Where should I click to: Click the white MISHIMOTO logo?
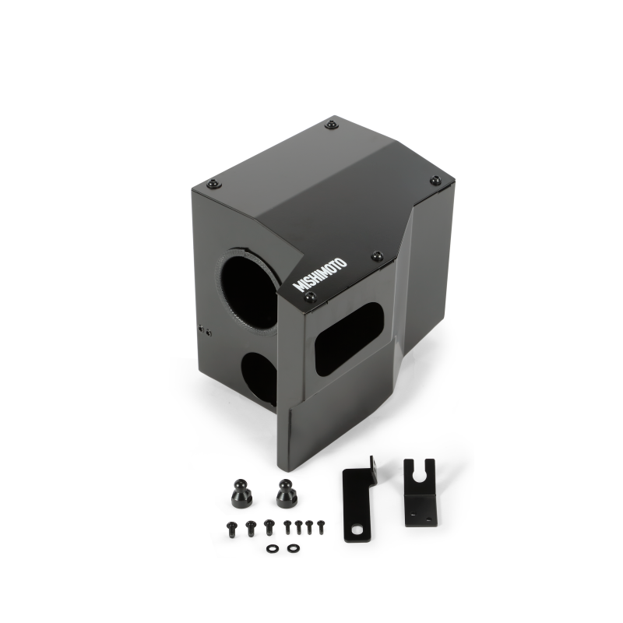pyautogui.click(x=319, y=274)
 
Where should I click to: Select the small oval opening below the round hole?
pyautogui.click(x=259, y=377)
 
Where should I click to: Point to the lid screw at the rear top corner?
pyautogui.click(x=332, y=125)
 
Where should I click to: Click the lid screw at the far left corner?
pyautogui.click(x=213, y=184)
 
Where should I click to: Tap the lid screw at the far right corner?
pyautogui.click(x=435, y=181)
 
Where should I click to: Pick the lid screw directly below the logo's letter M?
pyautogui.click(x=309, y=297)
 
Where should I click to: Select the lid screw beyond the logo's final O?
pyautogui.click(x=377, y=255)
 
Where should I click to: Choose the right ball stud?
pyautogui.click(x=287, y=494)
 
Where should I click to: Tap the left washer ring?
pyautogui.click(x=271, y=548)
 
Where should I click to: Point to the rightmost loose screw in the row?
pyautogui.click(x=319, y=526)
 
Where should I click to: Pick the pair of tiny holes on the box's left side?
pyautogui.click(x=203, y=329)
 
